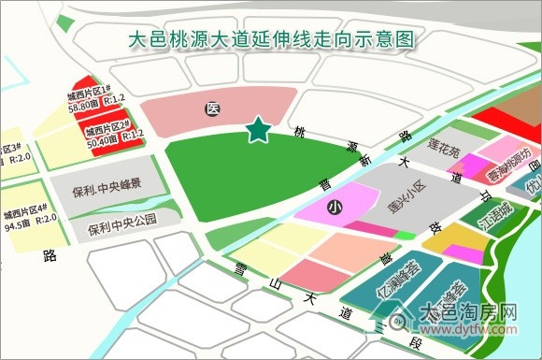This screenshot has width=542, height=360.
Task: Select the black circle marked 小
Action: pyautogui.click(x=334, y=209)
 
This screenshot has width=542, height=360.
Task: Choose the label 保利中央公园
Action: pyautogui.click(x=121, y=224)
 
